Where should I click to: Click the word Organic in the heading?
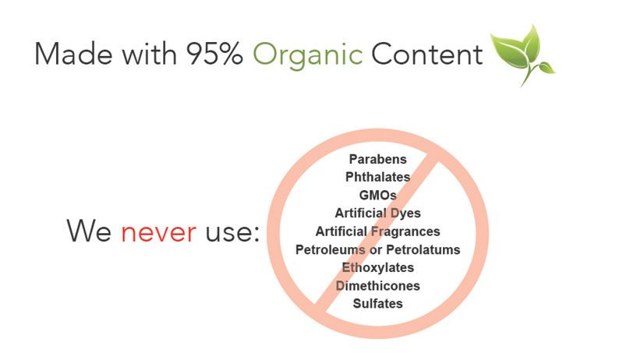click(307, 55)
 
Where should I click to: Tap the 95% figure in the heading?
click(214, 54)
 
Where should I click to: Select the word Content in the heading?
click(427, 54)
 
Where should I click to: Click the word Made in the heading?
click(74, 54)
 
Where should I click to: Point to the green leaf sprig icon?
click(523, 55)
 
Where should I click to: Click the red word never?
click(158, 232)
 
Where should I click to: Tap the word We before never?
click(89, 230)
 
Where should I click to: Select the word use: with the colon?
click(232, 232)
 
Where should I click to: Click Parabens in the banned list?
click(377, 159)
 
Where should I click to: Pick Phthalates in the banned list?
click(377, 177)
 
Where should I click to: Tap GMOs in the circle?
click(377, 196)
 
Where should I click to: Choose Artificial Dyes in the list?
click(377, 214)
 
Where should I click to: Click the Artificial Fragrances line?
click(377, 231)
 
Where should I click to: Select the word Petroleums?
click(330, 249)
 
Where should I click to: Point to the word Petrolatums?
click(423, 249)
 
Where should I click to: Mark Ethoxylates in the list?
click(377, 268)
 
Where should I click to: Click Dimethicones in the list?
click(377, 286)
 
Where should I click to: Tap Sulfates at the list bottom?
click(377, 304)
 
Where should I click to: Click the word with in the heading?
click(150, 54)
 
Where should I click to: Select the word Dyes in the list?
click(405, 214)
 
